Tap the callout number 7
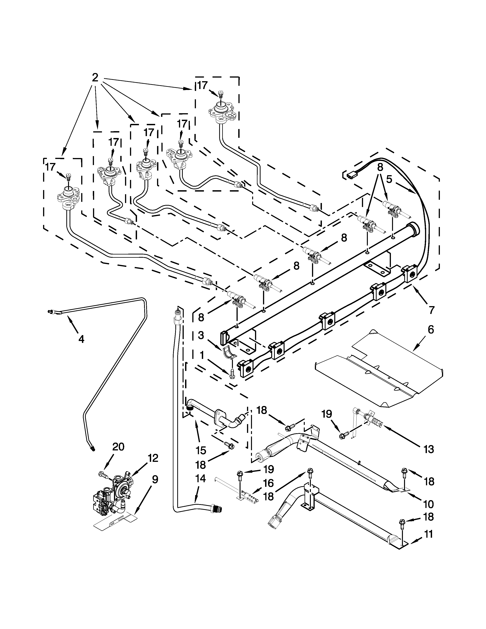coord(431,310)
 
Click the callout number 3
coord(201,335)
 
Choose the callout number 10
coord(429,504)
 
